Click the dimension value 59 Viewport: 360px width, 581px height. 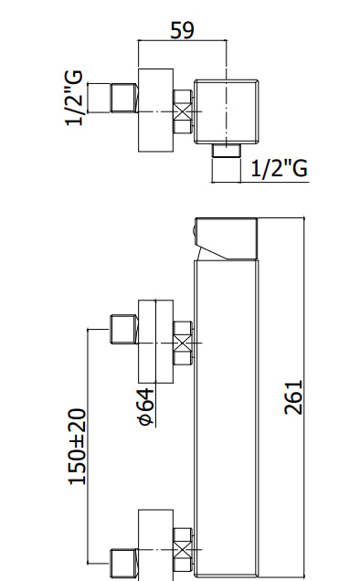[182, 30]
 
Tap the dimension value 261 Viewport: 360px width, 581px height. [293, 396]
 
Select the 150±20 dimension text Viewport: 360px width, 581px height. [78, 447]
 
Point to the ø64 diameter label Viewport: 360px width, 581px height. [145, 407]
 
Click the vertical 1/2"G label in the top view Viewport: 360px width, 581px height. [73, 98]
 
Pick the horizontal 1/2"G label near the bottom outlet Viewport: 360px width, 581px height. [280, 169]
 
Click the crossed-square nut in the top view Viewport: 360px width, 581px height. [183, 111]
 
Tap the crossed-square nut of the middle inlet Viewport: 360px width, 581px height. [183, 343]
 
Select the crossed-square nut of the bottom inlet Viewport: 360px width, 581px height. [183, 550]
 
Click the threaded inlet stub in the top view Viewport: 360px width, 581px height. [124, 98]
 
